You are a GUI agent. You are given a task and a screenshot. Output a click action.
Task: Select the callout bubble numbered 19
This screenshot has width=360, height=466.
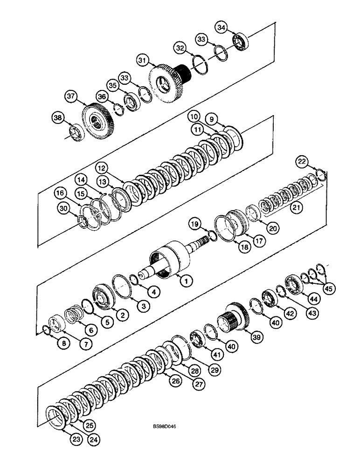(x=195, y=224)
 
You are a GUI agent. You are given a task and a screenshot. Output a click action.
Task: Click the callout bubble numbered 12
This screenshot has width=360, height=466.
(x=103, y=166)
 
